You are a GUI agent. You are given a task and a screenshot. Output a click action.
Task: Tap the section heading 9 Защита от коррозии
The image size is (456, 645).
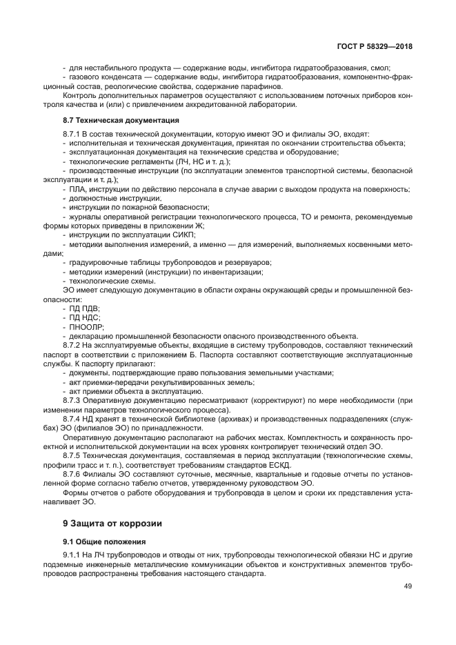point(112,524)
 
